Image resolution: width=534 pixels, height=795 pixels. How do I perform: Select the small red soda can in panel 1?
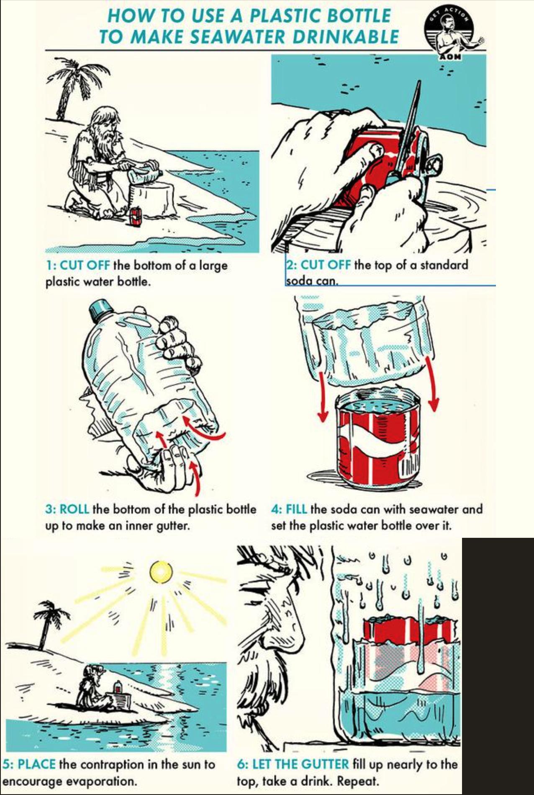134,216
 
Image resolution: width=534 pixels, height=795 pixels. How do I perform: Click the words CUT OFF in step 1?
85,266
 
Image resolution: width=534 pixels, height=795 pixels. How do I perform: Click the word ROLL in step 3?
74,509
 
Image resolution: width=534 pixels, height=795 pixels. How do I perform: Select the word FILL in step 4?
296,509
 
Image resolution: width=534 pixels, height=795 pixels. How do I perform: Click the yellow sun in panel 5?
161,572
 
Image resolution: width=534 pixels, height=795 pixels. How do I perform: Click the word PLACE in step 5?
36,764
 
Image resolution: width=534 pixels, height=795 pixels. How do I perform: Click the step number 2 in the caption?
290,265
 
